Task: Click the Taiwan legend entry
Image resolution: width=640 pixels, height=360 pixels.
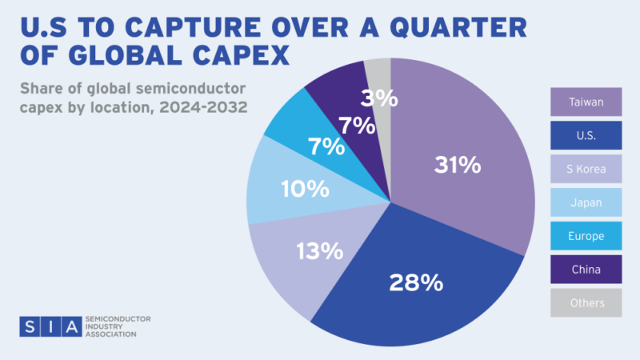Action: pyautogui.click(x=586, y=102)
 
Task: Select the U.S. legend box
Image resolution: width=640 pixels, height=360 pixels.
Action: pyautogui.click(x=586, y=135)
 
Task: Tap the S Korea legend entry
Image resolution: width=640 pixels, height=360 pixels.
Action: pyautogui.click(x=586, y=169)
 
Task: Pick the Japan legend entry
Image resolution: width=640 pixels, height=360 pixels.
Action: pyautogui.click(x=586, y=202)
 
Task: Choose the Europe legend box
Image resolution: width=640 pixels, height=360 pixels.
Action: pyautogui.click(x=586, y=236)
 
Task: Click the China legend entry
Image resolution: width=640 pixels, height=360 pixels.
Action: pyautogui.click(x=586, y=270)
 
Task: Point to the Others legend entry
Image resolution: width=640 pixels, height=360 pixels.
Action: pyautogui.click(x=586, y=303)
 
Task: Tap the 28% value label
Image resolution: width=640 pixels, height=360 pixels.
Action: pyautogui.click(x=416, y=282)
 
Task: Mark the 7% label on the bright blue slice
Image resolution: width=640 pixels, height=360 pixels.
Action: pyautogui.click(x=326, y=146)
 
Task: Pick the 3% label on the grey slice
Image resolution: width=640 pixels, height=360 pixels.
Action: pyautogui.click(x=378, y=98)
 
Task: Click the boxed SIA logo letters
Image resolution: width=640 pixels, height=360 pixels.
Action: pyautogui.click(x=50, y=326)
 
